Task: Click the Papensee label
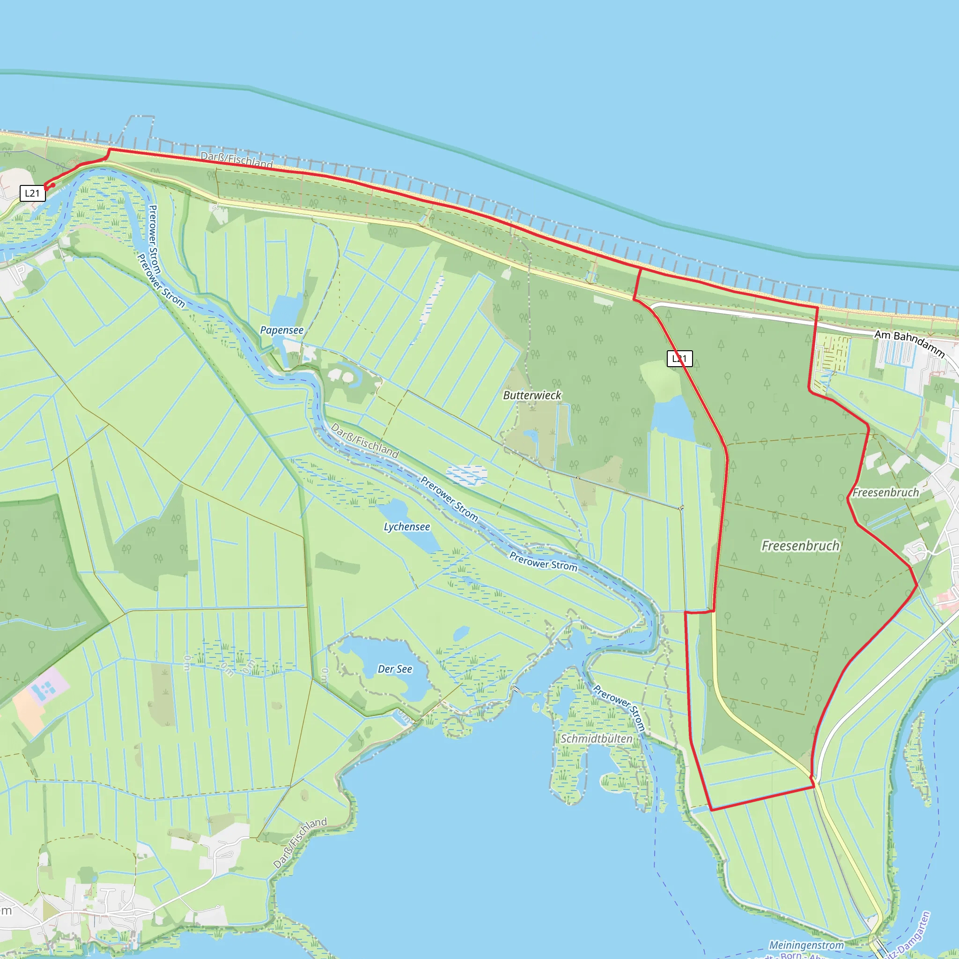point(281,330)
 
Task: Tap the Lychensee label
point(406,527)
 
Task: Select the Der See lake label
point(395,669)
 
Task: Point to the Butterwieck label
point(532,395)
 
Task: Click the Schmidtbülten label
point(596,738)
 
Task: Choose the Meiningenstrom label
point(806,945)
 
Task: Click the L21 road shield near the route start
point(32,193)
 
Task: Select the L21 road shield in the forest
point(679,358)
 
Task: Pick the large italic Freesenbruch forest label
point(800,546)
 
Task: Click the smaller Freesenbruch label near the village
point(885,493)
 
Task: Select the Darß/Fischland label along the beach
point(237,160)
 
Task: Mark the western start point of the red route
point(46,188)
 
